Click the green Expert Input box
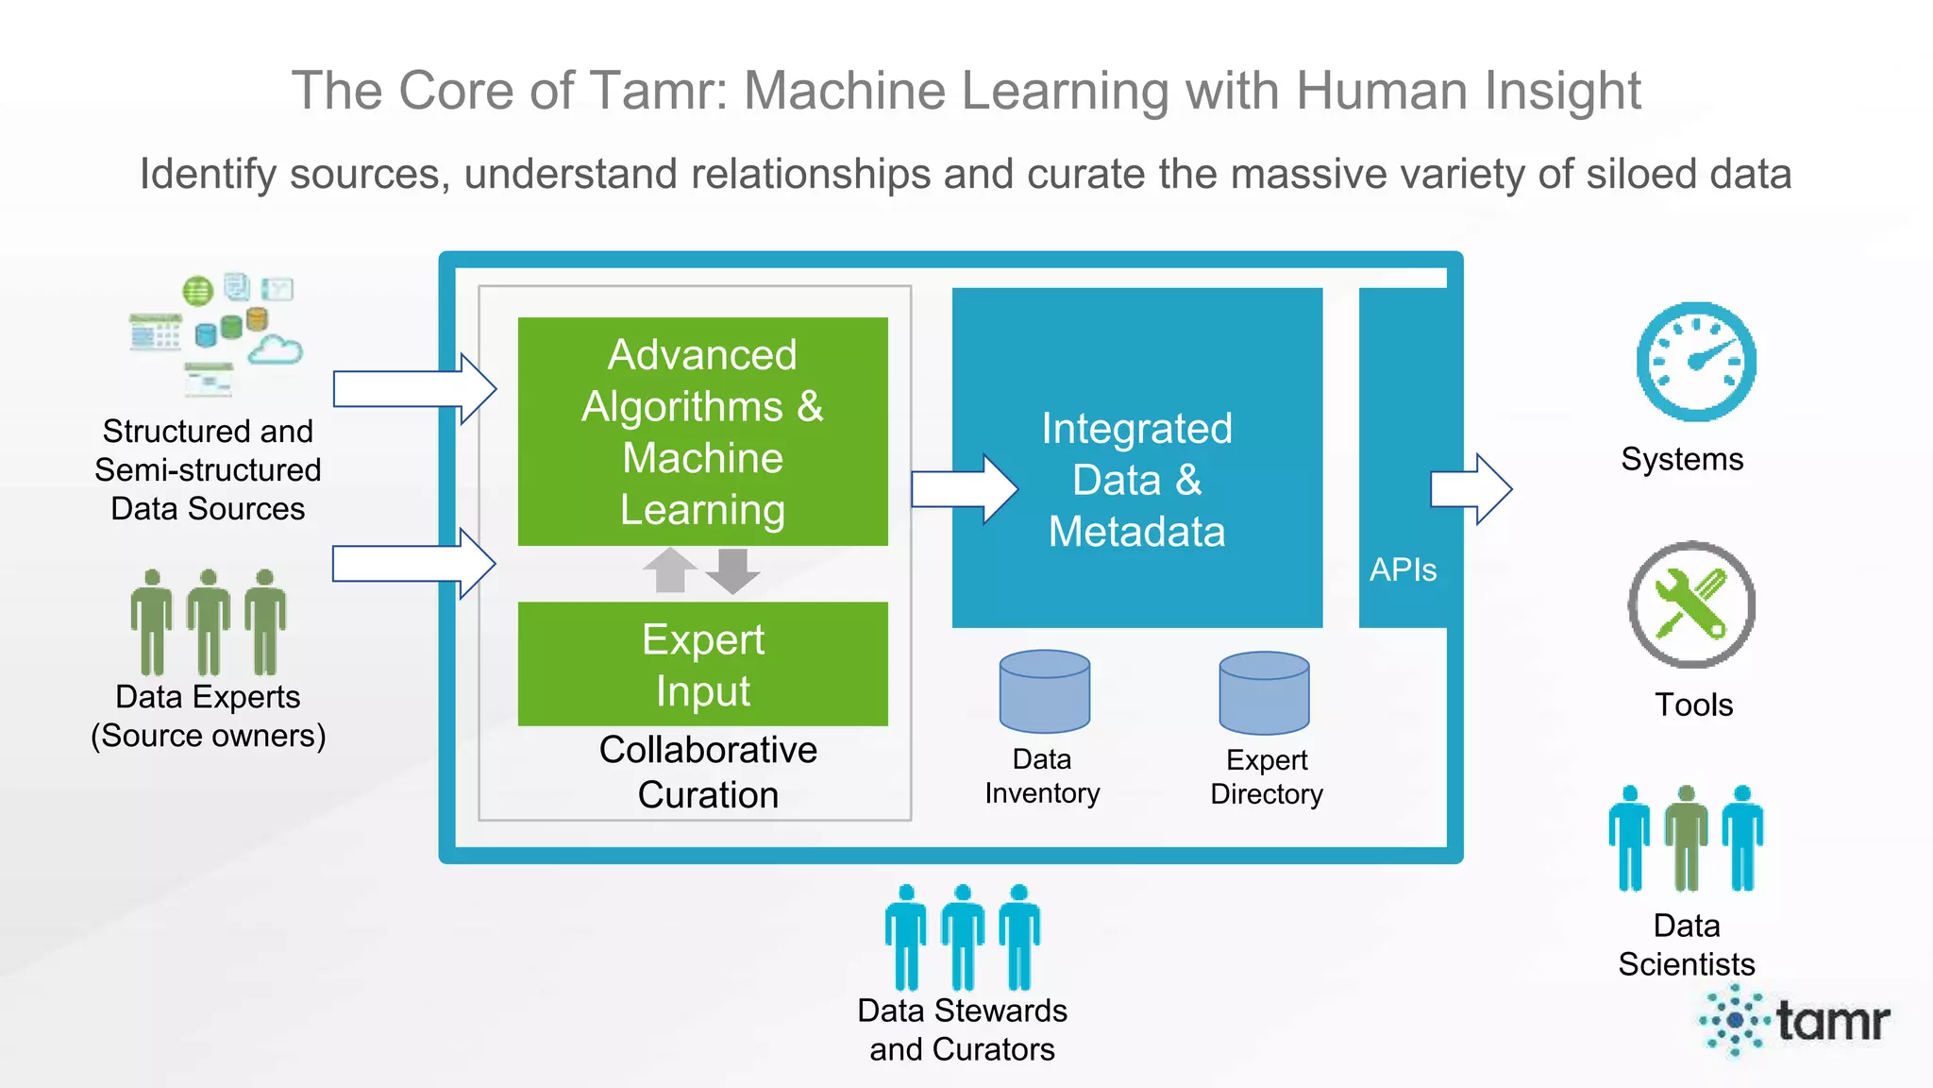(x=702, y=664)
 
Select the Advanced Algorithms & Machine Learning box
(x=702, y=432)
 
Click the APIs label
(x=1403, y=569)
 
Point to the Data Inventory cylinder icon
(x=1044, y=691)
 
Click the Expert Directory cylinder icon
(x=1264, y=692)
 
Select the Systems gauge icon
(x=1695, y=362)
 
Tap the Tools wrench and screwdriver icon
(x=1691, y=604)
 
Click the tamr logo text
(x=1832, y=1021)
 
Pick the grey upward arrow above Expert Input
(x=669, y=569)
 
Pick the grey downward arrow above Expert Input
(x=732, y=569)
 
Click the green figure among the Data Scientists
(x=1686, y=839)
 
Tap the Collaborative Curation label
(x=708, y=772)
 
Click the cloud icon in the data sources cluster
(x=275, y=351)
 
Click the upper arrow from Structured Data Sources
(x=413, y=388)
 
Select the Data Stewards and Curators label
(x=962, y=1029)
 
